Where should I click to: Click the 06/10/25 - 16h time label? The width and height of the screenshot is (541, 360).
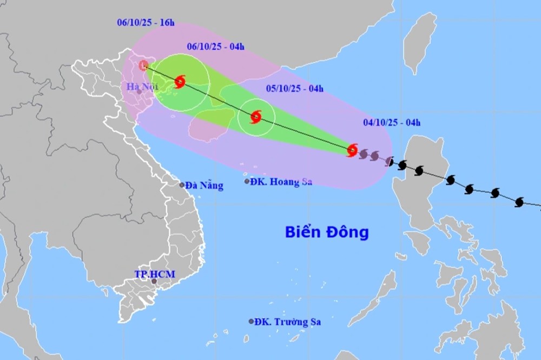click(x=146, y=23)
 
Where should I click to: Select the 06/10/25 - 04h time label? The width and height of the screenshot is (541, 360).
click(x=215, y=47)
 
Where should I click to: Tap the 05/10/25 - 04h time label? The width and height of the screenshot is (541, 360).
click(x=295, y=89)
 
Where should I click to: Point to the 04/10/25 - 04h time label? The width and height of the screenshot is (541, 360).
click(x=392, y=123)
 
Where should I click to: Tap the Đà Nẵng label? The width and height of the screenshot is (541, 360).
click(x=204, y=185)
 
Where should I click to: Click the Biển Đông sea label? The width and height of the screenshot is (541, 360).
click(x=327, y=232)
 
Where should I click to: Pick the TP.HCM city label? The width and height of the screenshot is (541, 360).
click(x=154, y=274)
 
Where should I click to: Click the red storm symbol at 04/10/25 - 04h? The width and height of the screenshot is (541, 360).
click(x=352, y=150)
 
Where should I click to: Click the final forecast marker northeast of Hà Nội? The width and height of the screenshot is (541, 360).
click(x=143, y=66)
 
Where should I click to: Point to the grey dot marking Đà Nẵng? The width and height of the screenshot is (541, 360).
click(x=182, y=185)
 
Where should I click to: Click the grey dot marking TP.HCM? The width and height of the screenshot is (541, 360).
click(x=155, y=281)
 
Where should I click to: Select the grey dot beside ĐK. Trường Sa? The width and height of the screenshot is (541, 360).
click(x=251, y=322)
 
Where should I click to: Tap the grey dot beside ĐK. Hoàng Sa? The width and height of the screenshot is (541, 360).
click(x=247, y=182)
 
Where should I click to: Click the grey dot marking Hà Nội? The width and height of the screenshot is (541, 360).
click(x=139, y=92)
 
